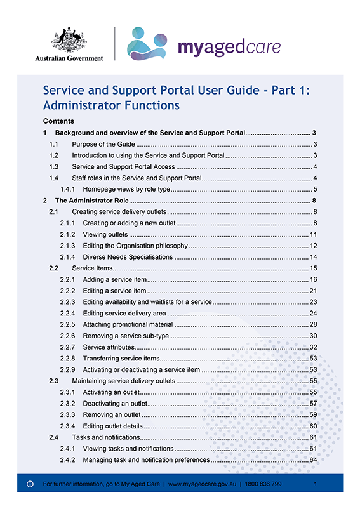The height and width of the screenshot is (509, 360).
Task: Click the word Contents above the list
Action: [x=58, y=121]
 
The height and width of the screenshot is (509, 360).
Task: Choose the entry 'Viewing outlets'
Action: [x=105, y=234]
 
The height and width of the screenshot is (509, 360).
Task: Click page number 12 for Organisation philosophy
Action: [x=313, y=246]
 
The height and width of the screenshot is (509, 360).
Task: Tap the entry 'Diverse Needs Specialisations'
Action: [x=128, y=257]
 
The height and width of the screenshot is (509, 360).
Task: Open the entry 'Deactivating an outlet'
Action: [x=115, y=404]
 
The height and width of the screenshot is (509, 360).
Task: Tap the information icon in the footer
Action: [x=30, y=484]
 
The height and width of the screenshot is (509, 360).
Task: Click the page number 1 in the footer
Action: [x=315, y=484]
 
